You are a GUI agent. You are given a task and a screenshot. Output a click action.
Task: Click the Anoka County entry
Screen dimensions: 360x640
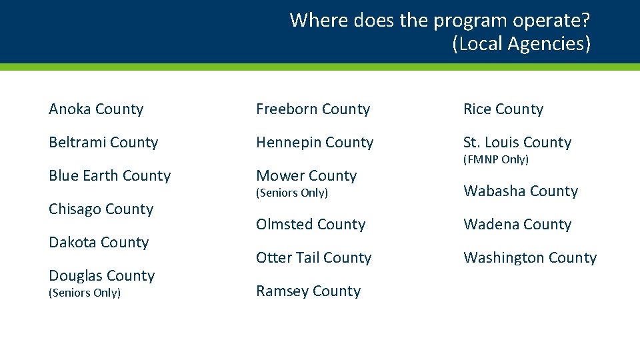coord(96,109)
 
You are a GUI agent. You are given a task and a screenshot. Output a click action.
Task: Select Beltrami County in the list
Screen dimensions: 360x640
coord(103,143)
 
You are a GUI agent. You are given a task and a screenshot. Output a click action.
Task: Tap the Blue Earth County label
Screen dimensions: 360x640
coord(110,176)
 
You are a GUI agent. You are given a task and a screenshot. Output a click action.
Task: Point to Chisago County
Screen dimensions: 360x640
coord(101,209)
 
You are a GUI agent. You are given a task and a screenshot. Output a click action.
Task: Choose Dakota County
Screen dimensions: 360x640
coord(99,243)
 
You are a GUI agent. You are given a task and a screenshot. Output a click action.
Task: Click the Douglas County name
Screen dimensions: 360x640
coord(102,276)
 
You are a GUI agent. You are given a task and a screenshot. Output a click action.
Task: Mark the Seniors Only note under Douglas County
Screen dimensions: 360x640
coord(85,293)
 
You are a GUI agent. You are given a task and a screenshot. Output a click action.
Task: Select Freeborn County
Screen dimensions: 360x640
coord(313,109)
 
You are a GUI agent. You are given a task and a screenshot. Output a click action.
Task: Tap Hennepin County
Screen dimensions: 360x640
coord(315,143)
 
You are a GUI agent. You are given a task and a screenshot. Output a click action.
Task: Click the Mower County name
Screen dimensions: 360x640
coord(307,176)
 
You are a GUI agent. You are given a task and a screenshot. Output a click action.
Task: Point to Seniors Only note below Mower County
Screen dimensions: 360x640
coord(292,193)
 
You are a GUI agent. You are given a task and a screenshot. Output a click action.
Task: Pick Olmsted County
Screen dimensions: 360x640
coord(311,225)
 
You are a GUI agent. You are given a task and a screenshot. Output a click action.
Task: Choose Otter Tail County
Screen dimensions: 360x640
coord(314,258)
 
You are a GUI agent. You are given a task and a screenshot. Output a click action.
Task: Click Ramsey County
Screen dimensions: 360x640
coord(309,291)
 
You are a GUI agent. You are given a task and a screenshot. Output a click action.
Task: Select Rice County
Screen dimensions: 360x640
coord(503,109)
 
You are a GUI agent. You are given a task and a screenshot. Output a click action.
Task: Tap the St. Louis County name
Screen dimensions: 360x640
coord(517,143)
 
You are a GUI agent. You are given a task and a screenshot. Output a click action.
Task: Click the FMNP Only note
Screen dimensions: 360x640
coord(496,160)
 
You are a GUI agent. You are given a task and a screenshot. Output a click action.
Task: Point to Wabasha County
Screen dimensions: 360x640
coord(521,191)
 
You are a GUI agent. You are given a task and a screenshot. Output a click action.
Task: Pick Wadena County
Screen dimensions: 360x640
coord(517,225)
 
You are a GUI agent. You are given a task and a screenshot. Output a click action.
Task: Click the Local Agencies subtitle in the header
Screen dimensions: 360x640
coord(521,44)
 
